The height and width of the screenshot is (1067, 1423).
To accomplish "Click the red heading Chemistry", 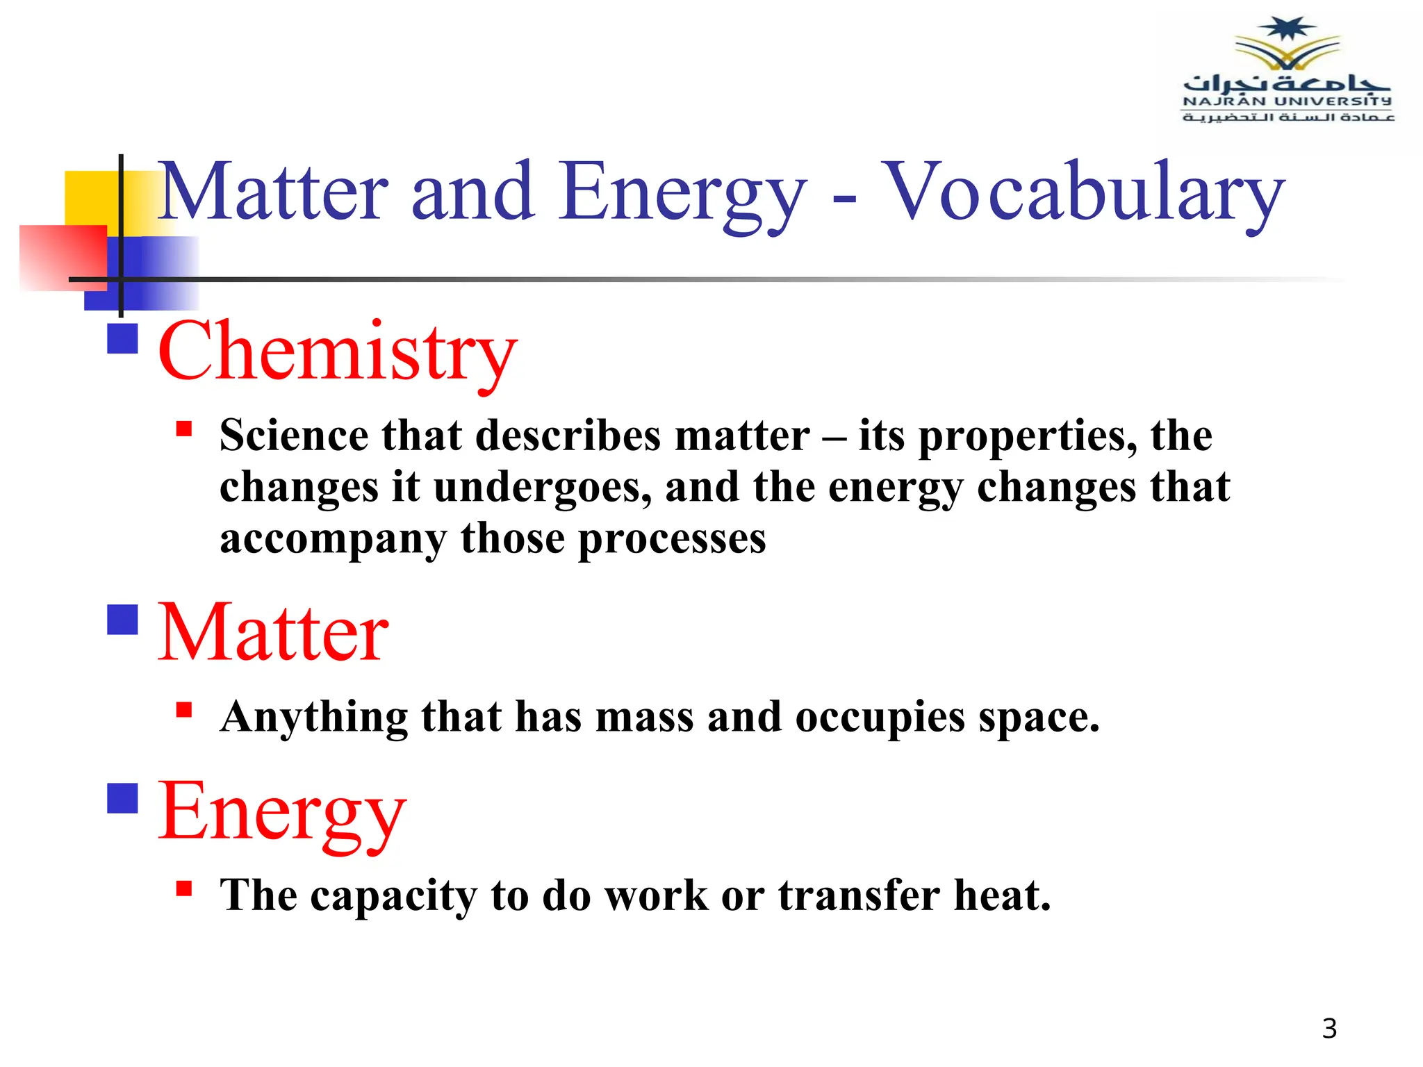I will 338,351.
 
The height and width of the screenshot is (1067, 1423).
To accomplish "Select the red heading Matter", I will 273,633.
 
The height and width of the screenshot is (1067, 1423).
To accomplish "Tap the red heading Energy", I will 282,811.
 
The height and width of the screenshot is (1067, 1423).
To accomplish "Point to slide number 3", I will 1329,1029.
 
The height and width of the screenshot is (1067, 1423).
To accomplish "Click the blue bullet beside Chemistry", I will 122,339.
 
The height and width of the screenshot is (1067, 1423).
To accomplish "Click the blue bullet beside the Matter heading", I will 122,620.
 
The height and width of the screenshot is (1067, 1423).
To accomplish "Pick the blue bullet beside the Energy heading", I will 122,798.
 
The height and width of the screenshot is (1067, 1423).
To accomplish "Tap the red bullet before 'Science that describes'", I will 184,428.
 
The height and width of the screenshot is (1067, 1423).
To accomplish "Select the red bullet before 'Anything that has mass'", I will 184,709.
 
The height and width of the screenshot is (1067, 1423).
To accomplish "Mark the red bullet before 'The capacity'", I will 184,888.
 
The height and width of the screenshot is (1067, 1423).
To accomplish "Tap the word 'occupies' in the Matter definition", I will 880,718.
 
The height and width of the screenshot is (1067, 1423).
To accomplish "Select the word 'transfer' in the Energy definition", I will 859,895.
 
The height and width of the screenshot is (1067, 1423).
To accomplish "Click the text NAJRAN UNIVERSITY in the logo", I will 1288,101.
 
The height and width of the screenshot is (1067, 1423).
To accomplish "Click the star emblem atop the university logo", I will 1288,29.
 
